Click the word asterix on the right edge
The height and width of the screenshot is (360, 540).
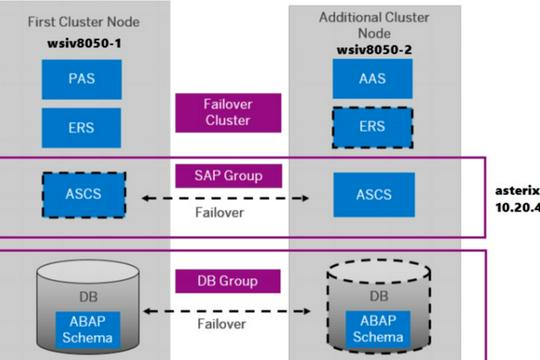[x=517, y=190]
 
